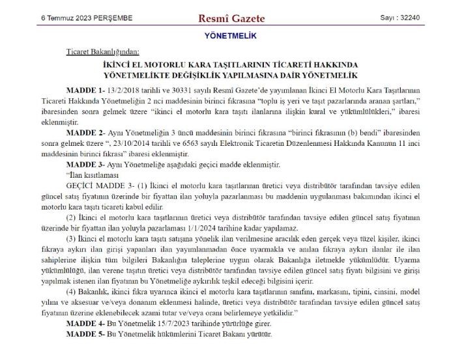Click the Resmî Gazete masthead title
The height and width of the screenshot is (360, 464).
(231, 18)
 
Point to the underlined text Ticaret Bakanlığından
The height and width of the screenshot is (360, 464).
(102, 51)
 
